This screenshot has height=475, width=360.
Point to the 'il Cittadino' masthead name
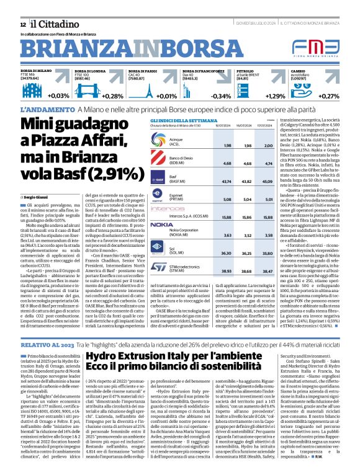tap(53, 24)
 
